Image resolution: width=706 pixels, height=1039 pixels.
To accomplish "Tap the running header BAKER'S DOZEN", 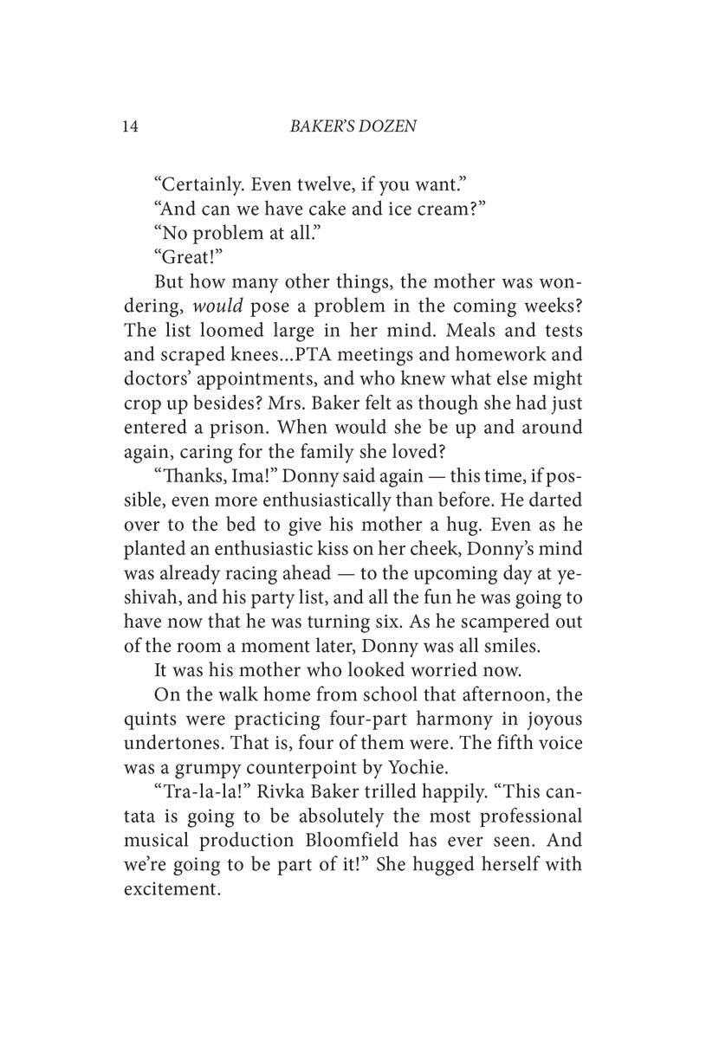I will pos(351,126).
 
